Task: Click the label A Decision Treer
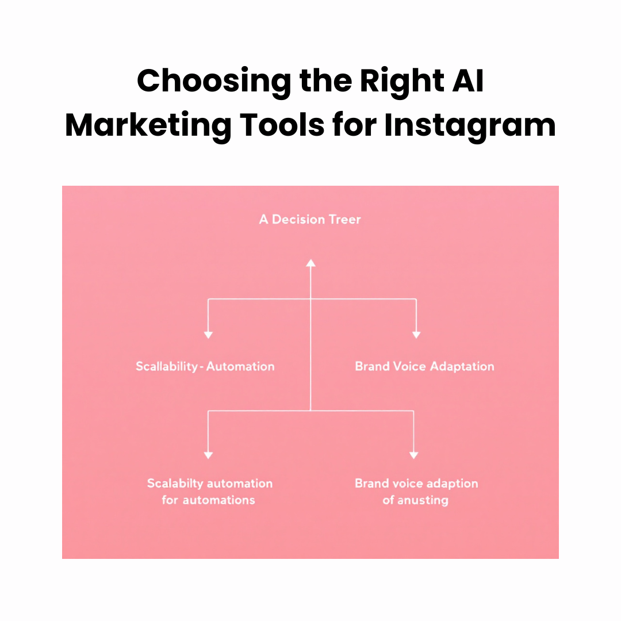tap(310, 219)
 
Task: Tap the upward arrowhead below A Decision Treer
tap(310, 263)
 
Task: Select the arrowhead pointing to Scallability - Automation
tap(208, 335)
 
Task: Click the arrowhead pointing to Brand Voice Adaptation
tap(416, 335)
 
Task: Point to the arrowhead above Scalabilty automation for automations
tap(208, 455)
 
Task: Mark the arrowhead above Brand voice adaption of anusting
tap(413, 455)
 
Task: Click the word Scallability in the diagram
tap(167, 366)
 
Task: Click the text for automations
tap(208, 500)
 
